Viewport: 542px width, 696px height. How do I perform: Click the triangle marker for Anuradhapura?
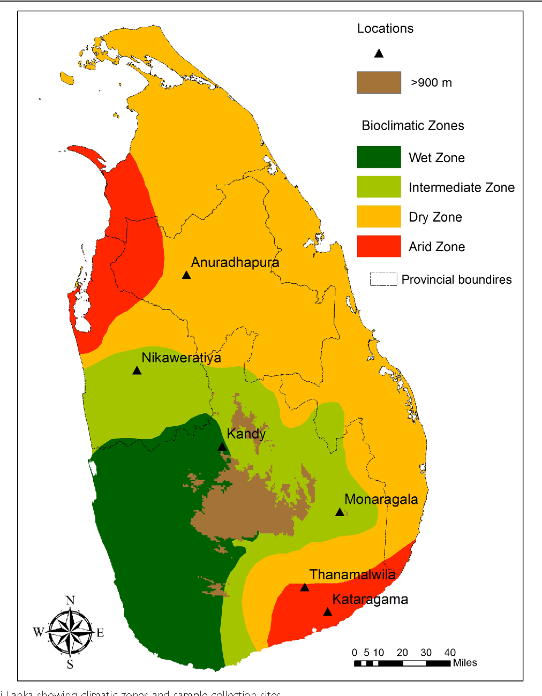coord(186,275)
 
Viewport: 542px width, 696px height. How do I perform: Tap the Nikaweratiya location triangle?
coord(137,370)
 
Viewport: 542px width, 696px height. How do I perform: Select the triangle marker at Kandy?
coord(222,447)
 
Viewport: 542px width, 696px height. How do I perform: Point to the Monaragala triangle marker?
coord(340,512)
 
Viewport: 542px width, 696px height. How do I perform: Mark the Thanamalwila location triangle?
coord(305,587)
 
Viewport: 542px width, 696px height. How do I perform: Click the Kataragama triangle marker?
coord(327,612)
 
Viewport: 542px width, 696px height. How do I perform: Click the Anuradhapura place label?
coord(235,262)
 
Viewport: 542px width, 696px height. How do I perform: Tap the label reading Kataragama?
coord(370,599)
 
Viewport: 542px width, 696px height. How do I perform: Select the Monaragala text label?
coord(381,499)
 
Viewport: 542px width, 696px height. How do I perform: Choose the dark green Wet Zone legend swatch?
coord(379,157)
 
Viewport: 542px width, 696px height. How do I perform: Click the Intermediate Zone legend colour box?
coord(379,187)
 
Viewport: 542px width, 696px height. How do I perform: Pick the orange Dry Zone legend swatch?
coord(379,217)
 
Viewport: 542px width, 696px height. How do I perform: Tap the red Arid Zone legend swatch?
coord(379,246)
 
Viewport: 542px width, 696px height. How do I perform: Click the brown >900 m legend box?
coord(379,82)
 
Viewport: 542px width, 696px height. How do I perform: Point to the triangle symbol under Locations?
coord(379,53)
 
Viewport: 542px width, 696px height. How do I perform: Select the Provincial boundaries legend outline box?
coord(383,279)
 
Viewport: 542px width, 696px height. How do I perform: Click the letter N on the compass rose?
coord(70,600)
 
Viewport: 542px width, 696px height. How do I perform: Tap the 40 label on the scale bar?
coord(450,652)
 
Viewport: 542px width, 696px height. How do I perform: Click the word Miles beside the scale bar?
coord(465,663)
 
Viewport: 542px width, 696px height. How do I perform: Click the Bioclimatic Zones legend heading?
coord(413,126)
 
